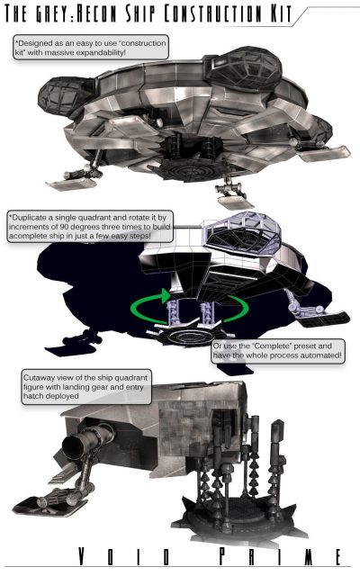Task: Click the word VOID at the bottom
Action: pos(124,556)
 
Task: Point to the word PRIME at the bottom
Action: pos(280,556)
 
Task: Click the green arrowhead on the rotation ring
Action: pos(166,296)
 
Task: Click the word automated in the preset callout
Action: pos(320,355)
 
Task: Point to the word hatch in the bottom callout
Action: pos(32,396)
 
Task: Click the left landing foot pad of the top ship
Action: pos(70,184)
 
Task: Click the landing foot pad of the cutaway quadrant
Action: pos(44,506)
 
